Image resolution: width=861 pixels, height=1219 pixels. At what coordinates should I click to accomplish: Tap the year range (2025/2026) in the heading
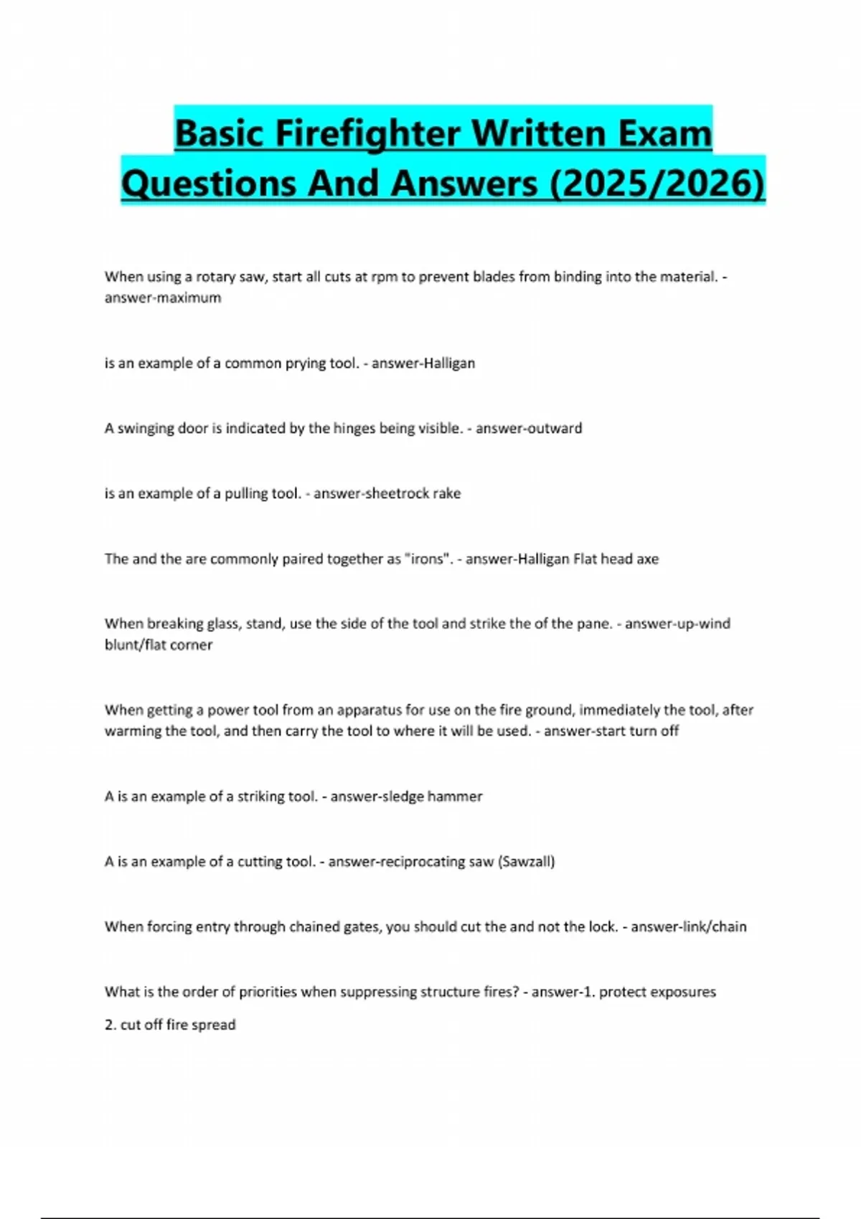pos(657,183)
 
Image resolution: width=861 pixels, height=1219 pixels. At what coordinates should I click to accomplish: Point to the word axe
pos(646,559)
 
